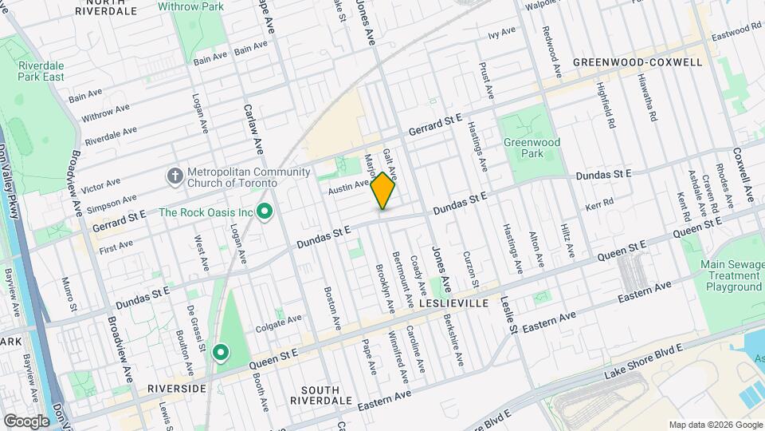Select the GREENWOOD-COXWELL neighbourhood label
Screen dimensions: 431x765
tap(637, 62)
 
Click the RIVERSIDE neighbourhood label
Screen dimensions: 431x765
tap(177, 388)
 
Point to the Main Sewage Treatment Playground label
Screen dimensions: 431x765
tap(731, 275)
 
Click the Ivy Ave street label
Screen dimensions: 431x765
tap(502, 34)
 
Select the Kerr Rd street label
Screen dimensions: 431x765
tap(599, 205)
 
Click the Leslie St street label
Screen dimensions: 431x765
tap(508, 315)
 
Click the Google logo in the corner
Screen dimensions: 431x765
tap(26, 421)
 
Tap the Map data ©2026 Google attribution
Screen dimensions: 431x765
tap(715, 425)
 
